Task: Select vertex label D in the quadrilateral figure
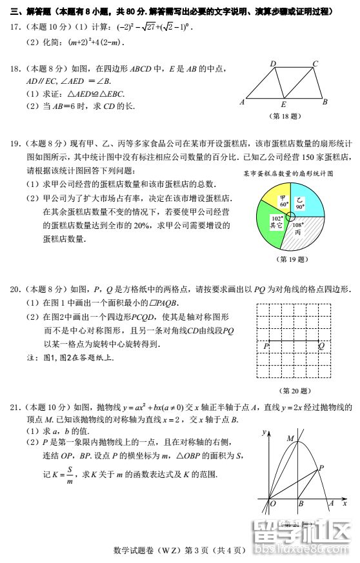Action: pos(273,63)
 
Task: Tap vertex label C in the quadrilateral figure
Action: pos(315,63)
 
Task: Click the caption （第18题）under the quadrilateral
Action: pos(285,117)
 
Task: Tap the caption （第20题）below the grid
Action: pos(294,391)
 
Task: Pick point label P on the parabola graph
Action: pos(321,467)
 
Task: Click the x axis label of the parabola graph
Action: pos(345,503)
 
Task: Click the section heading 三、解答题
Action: pos(30,12)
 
